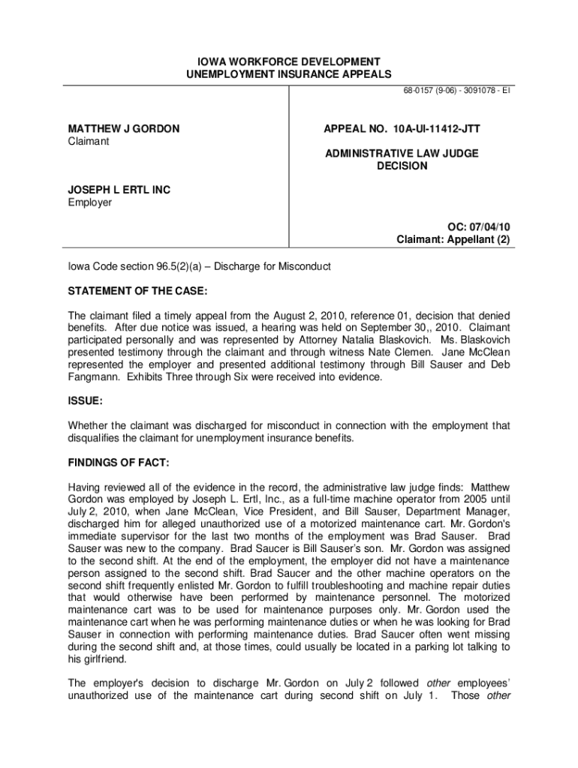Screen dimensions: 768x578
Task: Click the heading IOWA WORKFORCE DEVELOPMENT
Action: [289, 61]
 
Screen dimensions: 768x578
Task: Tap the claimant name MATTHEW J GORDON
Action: [124, 129]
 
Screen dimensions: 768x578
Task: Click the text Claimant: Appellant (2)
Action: [453, 240]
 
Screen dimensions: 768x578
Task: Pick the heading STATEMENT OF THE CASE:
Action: [137, 290]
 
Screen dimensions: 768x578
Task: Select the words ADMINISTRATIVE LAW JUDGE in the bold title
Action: [402, 153]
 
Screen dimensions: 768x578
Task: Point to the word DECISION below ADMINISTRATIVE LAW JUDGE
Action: [402, 166]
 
